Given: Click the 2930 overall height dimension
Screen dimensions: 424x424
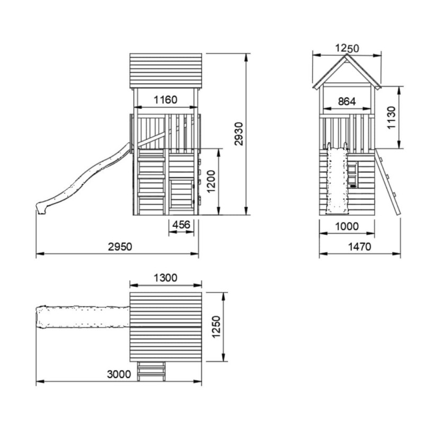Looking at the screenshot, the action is click(x=239, y=134).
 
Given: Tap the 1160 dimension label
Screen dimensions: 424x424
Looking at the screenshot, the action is click(x=165, y=100).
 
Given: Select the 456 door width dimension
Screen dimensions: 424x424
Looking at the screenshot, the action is click(x=181, y=225).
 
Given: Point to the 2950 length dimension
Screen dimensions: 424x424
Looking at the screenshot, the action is click(x=120, y=246).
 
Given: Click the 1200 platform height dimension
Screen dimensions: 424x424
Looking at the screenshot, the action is click(x=211, y=181).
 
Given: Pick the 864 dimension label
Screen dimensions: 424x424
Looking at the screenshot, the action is click(x=347, y=101).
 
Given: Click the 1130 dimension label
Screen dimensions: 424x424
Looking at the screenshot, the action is click(x=391, y=118).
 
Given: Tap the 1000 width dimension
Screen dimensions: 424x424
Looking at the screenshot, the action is click(x=347, y=226).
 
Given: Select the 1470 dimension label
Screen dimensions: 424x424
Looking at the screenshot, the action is click(x=359, y=246).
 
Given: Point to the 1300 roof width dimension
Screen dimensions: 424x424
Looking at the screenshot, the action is click(x=165, y=278).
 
